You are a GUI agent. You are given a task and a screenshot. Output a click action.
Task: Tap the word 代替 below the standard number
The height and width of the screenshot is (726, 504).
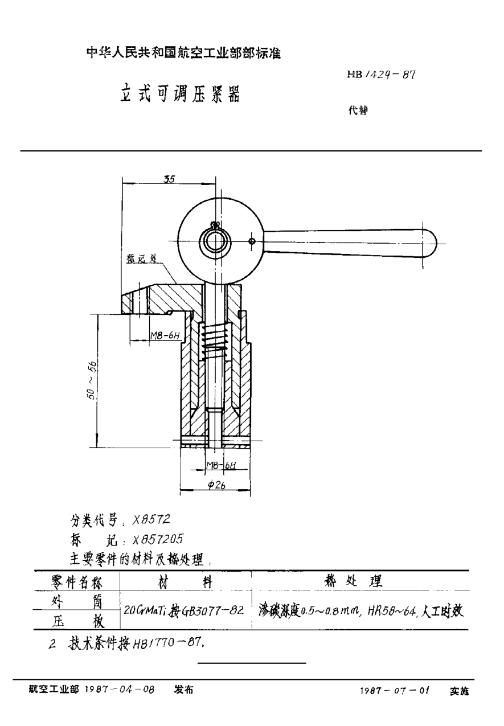point(358,112)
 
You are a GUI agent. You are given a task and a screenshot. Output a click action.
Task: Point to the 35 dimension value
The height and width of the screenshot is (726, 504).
point(169,179)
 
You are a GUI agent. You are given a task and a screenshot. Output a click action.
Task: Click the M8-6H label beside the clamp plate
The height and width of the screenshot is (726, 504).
point(165,336)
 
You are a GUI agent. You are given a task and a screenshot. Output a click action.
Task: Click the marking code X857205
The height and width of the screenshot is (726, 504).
point(158,539)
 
